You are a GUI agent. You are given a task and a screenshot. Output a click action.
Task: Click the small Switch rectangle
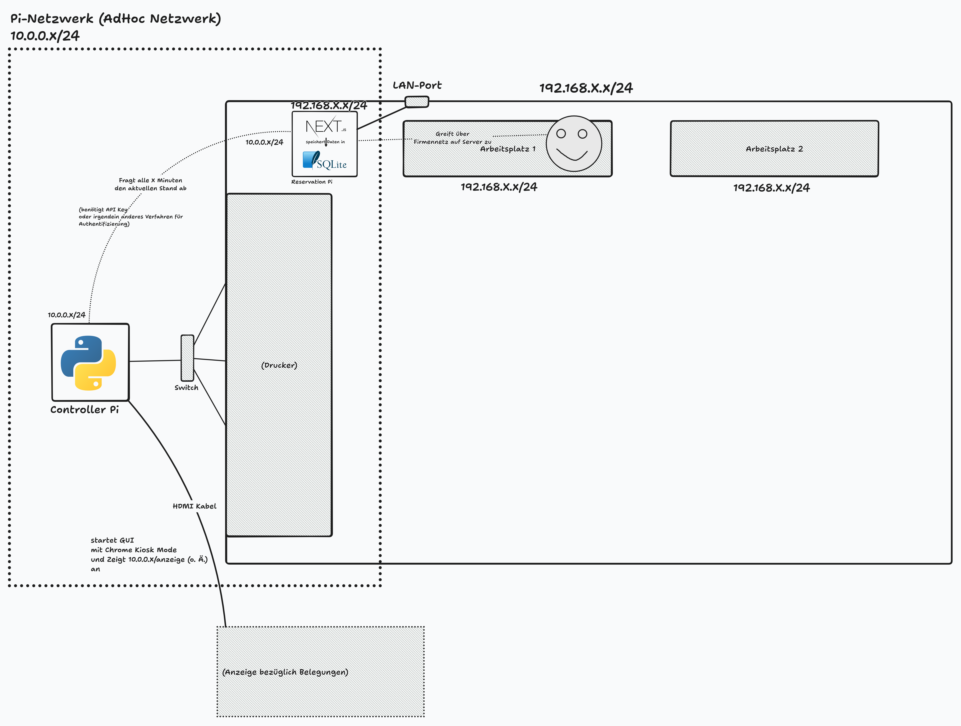187,358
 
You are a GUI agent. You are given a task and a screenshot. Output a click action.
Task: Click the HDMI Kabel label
194,506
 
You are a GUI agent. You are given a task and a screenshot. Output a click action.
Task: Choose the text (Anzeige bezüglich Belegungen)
285,672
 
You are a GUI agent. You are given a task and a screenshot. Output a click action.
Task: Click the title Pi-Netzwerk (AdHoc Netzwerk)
116,19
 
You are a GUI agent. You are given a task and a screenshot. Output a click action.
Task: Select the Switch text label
186,387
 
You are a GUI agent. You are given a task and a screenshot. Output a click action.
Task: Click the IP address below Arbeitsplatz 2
772,188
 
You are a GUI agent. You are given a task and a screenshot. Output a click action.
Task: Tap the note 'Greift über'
452,134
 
